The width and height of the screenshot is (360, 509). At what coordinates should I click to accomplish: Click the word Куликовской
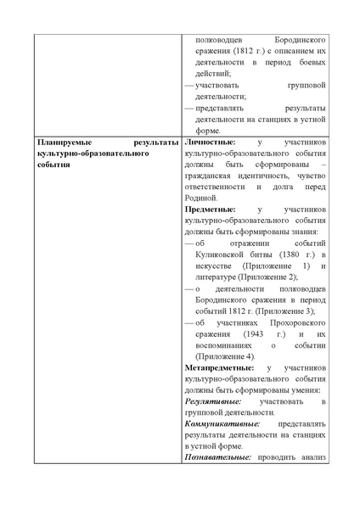pyautogui.click(x=225, y=254)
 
